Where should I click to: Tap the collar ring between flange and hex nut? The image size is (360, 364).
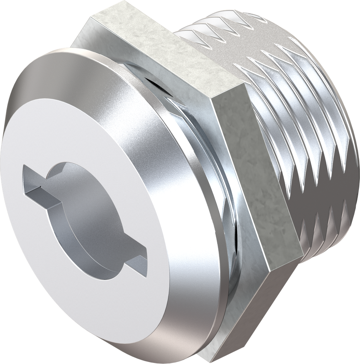220,199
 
